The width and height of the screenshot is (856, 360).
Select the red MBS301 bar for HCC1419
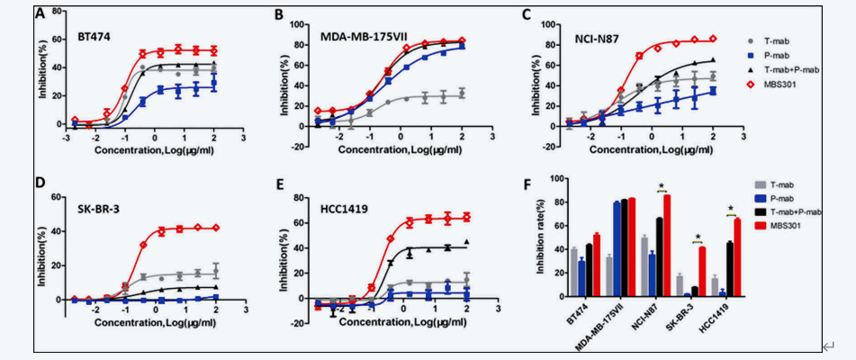[737, 258]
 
